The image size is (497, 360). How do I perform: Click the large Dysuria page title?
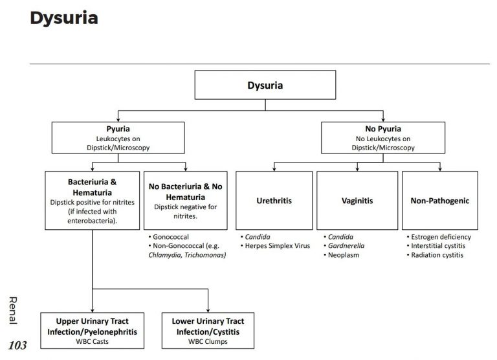(x=63, y=18)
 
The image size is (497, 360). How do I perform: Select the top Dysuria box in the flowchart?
(x=265, y=85)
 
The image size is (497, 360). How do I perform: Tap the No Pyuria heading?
(x=383, y=129)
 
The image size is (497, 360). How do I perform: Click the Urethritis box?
(x=274, y=201)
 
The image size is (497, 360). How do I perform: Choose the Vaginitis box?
(x=357, y=201)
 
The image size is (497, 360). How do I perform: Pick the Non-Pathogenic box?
(x=440, y=201)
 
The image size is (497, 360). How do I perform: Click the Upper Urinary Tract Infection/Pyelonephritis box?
(x=93, y=331)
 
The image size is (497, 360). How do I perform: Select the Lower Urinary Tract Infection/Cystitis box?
(x=208, y=331)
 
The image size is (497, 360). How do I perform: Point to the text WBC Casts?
(x=93, y=342)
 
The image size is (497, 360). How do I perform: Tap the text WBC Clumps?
(x=208, y=342)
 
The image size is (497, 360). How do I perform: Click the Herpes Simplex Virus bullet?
(x=275, y=246)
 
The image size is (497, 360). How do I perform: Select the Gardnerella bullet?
(x=344, y=246)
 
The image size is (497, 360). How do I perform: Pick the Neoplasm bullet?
(x=342, y=255)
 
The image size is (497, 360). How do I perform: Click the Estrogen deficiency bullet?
(x=439, y=237)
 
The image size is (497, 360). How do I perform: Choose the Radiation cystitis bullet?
(x=435, y=255)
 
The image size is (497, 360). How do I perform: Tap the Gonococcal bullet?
(x=168, y=237)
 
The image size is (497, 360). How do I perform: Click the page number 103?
(x=17, y=345)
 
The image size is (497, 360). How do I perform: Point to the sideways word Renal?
(x=13, y=311)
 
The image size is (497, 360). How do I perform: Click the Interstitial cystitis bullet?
(x=436, y=246)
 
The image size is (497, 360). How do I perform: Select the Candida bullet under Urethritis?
(x=256, y=237)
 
